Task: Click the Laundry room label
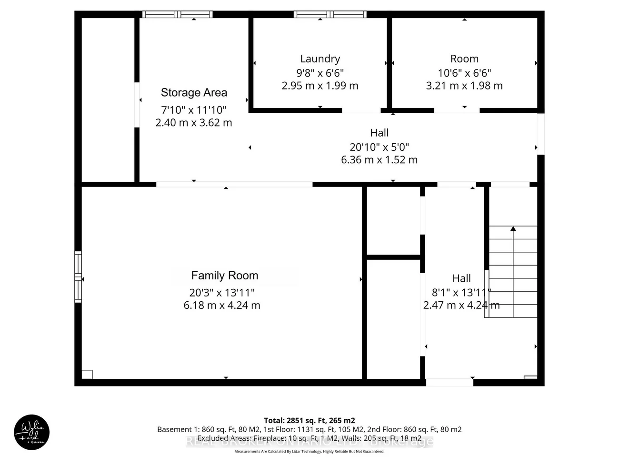pos(320,59)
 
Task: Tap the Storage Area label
pos(194,93)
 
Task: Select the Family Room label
pos(224,276)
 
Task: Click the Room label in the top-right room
pos(464,59)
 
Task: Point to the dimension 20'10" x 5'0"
pos(379,148)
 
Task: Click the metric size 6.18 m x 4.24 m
pos(222,306)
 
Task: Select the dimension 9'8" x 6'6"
pos(320,73)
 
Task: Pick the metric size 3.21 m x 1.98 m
pos(464,86)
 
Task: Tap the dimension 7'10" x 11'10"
pos(194,110)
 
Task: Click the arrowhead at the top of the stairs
pos(513,229)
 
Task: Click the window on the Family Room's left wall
pos(78,277)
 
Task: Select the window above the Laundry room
pos(330,14)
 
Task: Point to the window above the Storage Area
pos(178,14)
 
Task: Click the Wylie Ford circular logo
pos(31,432)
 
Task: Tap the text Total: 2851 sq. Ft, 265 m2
pos(309,421)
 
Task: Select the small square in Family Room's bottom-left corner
pos(87,375)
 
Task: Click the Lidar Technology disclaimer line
pos(309,451)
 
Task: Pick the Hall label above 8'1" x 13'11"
pos(461,278)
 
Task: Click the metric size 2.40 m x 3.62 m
pos(194,123)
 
